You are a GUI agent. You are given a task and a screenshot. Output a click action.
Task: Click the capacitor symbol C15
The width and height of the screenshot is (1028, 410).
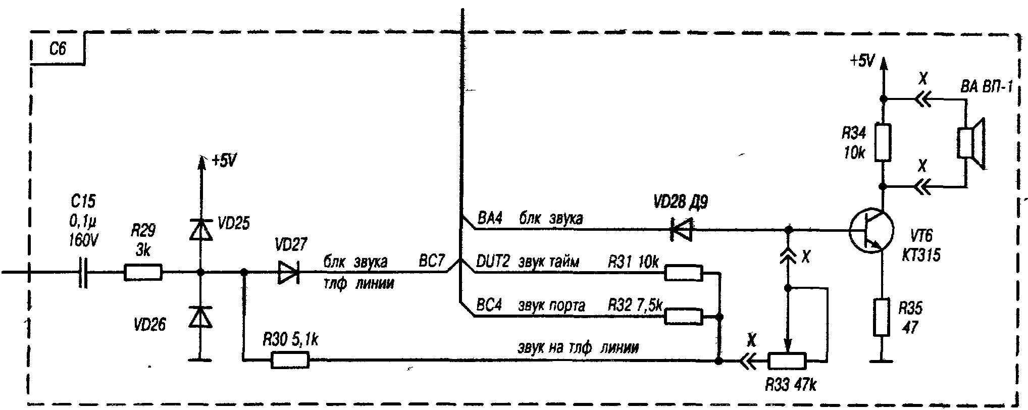[x=83, y=273]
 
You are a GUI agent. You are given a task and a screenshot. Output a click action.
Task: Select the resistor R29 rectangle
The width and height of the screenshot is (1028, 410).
[x=143, y=273]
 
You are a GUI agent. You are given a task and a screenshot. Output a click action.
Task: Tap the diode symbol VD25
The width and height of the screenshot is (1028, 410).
[x=200, y=230]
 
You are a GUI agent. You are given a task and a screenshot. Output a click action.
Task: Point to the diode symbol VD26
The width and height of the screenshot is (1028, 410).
[x=200, y=317]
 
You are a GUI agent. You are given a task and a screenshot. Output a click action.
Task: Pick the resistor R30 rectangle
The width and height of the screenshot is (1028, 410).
[x=290, y=360]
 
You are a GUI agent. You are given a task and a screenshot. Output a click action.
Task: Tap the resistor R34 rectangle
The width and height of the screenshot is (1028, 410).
[x=883, y=142]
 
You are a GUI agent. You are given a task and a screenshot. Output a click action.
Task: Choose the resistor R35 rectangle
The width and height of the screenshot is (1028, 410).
[x=882, y=317]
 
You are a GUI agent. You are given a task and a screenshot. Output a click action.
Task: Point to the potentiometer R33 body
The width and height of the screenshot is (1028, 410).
[x=787, y=361]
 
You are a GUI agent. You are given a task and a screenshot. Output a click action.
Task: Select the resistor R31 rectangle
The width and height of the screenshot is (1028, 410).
[x=684, y=273]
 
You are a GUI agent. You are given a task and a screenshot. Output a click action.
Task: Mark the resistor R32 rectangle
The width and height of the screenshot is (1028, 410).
[x=684, y=317]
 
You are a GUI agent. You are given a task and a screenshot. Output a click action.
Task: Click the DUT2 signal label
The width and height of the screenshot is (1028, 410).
[x=493, y=262]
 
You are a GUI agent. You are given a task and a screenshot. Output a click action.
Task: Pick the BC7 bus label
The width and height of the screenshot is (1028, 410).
[x=432, y=262]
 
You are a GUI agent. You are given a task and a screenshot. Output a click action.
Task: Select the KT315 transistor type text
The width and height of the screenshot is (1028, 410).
[x=921, y=255]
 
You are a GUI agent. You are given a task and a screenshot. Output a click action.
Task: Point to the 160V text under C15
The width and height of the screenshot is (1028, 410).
[x=83, y=241]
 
